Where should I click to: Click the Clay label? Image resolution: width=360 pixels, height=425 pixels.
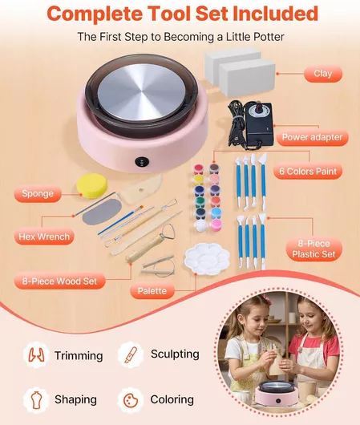coord(323,74)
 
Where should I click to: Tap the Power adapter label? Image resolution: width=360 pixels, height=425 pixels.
coord(312,137)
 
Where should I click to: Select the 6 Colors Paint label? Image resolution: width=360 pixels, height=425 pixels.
coord(308,172)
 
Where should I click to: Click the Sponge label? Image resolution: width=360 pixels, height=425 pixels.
coord(38,193)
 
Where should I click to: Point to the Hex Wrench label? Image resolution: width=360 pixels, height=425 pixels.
coord(44,237)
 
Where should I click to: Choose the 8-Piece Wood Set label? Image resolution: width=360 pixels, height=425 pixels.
coord(59,281)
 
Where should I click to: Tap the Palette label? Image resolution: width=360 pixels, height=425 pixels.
coord(152,291)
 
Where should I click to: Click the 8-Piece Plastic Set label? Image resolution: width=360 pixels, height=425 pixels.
coord(314,249)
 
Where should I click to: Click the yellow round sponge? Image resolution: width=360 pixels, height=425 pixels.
coord(92,186)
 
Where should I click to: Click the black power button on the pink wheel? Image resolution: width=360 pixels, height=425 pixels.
coord(142,161)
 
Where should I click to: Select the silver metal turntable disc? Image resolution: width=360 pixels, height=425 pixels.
coord(144,91)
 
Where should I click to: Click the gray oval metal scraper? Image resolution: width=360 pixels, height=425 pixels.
coord(101,212)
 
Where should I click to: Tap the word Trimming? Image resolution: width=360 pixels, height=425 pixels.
coord(79,355)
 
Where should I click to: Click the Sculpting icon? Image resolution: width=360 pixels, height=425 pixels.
coord(131,354)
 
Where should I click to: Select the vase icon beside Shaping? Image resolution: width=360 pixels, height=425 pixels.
coord(37,400)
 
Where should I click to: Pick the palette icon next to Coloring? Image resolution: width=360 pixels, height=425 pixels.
coord(131,400)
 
